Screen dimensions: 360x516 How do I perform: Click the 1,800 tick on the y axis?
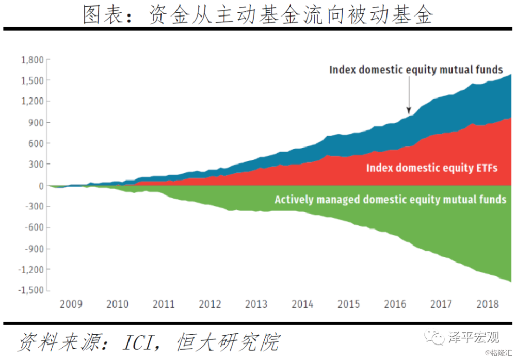[32, 59]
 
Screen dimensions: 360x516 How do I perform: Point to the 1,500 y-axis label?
[32, 80]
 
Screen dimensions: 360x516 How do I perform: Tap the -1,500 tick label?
[30, 290]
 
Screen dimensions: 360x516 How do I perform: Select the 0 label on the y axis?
[39, 186]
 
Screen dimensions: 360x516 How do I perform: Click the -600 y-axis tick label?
[33, 227]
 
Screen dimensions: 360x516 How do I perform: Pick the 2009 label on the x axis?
[71, 304]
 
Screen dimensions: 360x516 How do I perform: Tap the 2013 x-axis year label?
[256, 304]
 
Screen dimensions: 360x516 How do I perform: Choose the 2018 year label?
[487, 304]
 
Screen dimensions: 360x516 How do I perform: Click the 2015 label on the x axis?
[348, 304]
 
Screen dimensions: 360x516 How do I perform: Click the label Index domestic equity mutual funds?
[416, 69]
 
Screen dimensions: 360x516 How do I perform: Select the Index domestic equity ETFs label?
[432, 168]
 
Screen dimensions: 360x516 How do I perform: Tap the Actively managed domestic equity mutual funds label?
[390, 199]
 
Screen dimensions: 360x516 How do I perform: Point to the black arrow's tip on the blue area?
[409, 112]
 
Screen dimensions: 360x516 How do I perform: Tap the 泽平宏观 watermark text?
[474, 338]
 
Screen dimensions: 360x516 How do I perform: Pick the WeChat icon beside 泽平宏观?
[437, 338]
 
